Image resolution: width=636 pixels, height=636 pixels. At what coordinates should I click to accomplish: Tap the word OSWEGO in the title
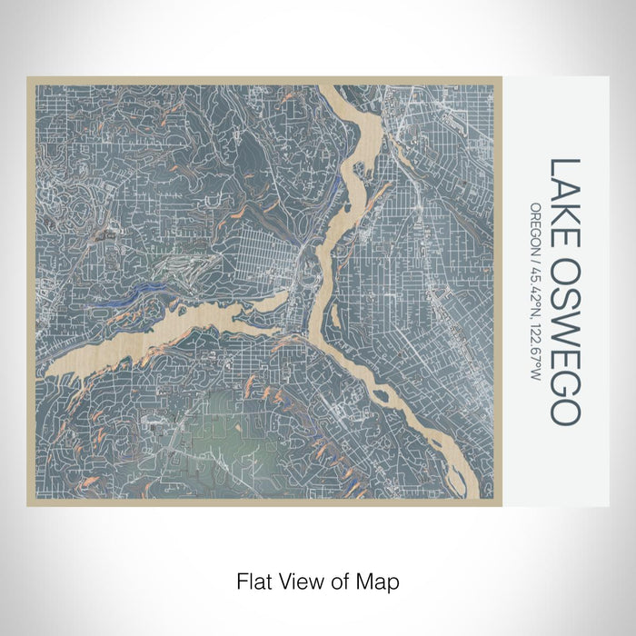point(564,338)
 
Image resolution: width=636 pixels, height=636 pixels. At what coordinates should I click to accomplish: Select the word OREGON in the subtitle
point(536,225)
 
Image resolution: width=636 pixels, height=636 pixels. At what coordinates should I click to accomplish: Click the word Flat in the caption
point(253,580)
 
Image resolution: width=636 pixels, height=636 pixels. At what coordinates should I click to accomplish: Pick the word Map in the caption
point(380,580)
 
